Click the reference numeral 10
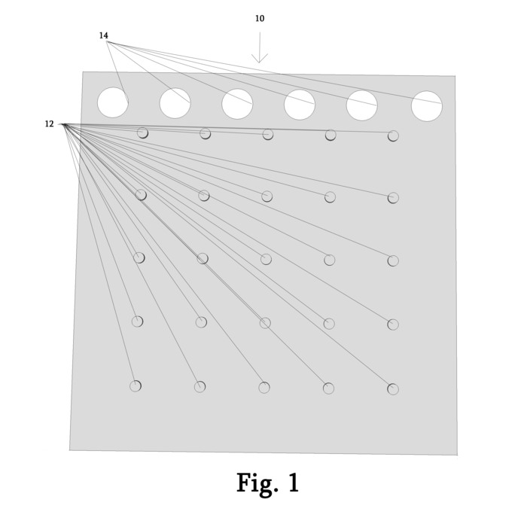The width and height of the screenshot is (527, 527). click(x=260, y=19)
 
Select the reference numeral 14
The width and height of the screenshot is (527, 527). click(x=103, y=35)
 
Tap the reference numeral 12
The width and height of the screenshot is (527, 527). click(x=49, y=124)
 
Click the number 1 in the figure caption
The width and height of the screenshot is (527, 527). click(x=293, y=483)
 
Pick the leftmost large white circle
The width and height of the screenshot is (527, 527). click(x=113, y=102)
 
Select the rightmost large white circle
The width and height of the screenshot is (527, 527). click(x=427, y=106)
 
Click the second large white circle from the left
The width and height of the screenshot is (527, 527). click(x=175, y=103)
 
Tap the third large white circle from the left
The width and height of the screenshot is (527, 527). click(x=237, y=104)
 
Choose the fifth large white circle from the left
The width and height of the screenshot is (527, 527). click(x=362, y=105)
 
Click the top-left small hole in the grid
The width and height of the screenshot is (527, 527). click(x=142, y=133)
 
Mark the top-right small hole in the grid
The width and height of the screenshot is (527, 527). click(x=393, y=136)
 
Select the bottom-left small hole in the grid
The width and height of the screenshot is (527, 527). click(x=136, y=386)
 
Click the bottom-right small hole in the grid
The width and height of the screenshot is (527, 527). click(x=393, y=389)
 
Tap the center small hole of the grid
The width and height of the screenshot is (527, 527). click(x=266, y=259)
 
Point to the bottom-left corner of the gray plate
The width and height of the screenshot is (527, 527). click(x=70, y=450)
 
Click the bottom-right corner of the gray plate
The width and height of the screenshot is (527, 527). click(x=456, y=455)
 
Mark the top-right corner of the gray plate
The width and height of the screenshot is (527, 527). click(x=455, y=76)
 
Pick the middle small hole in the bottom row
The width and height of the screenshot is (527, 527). click(x=264, y=388)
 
